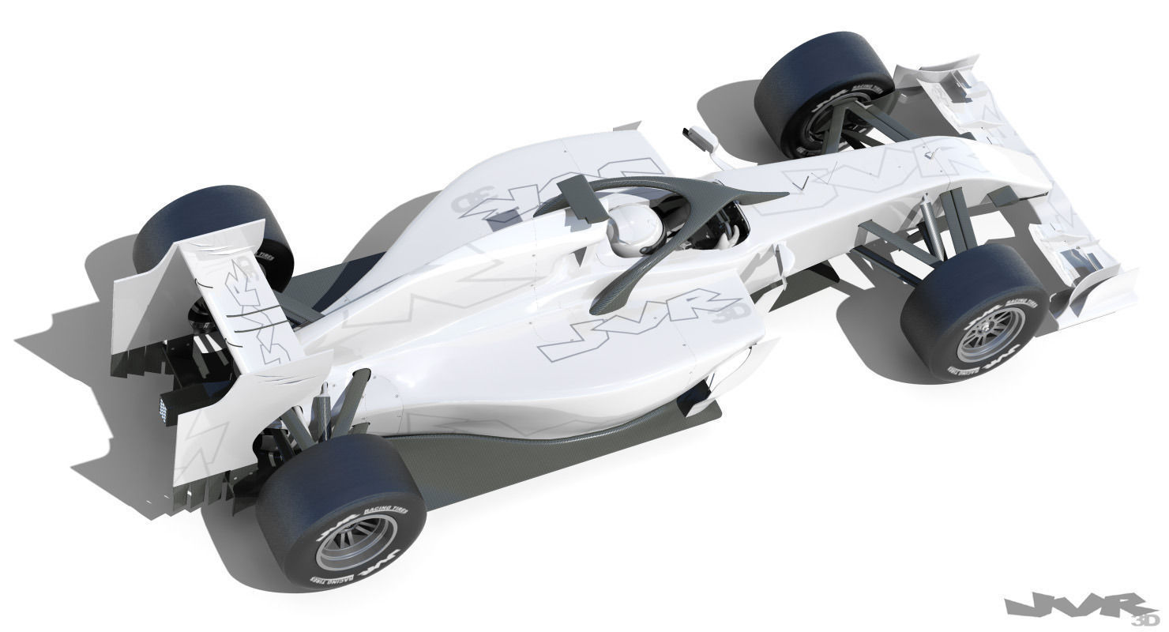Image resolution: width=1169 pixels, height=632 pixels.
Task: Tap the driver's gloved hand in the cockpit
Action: point(731,233)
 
